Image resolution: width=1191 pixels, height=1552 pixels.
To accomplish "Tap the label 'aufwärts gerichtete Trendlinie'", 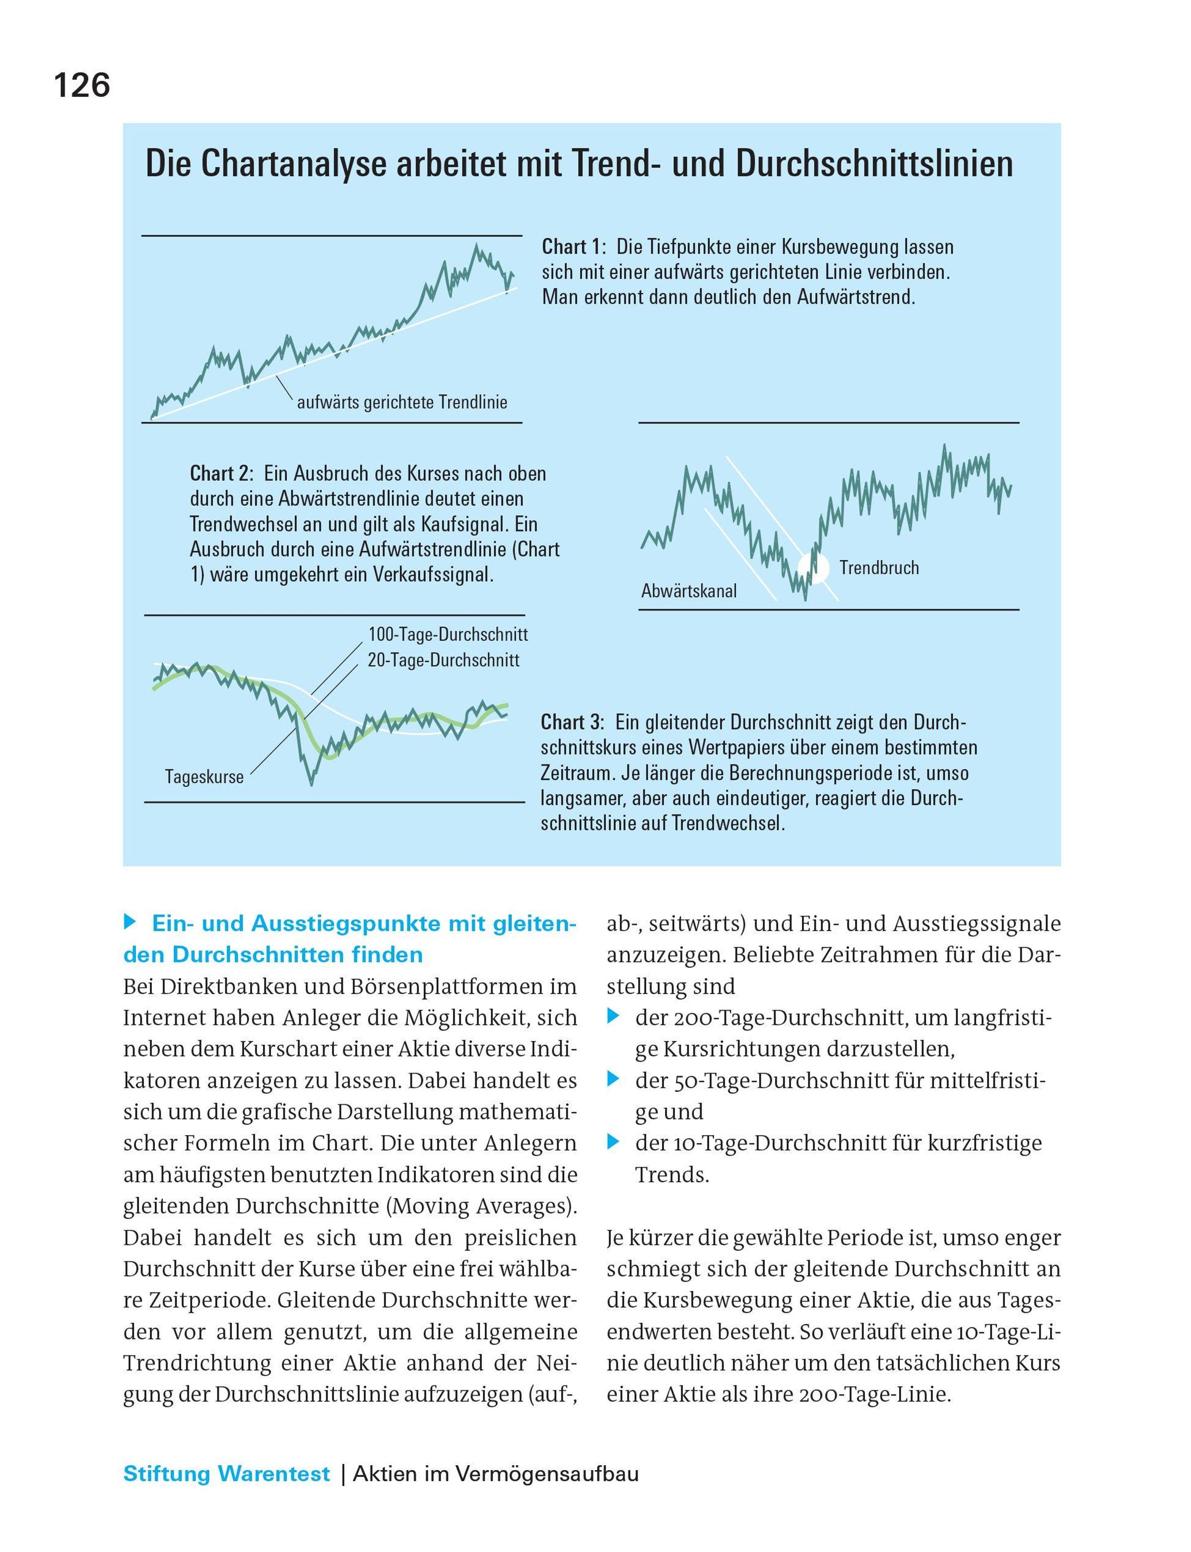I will point(402,403).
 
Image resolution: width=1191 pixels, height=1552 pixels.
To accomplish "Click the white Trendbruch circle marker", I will point(813,567).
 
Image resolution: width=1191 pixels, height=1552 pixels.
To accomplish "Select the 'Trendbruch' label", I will point(879,567).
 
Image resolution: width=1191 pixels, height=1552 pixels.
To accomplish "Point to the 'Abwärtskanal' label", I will point(688,591).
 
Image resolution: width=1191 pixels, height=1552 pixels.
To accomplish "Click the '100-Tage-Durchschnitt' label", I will point(447,633).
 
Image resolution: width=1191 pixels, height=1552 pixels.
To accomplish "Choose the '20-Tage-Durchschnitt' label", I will point(443,660).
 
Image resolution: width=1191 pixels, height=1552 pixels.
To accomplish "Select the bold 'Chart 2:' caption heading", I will point(222,473).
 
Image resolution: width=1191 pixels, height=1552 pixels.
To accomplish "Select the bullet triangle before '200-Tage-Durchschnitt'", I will point(613,1017).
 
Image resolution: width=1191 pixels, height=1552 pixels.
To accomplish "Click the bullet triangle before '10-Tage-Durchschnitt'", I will point(613,1142).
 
